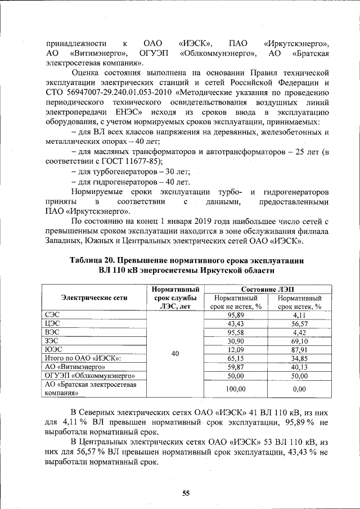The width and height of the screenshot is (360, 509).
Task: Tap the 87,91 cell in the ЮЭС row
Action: pyautogui.click(x=300, y=349)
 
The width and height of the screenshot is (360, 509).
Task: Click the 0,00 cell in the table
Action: pyautogui.click(x=300, y=389)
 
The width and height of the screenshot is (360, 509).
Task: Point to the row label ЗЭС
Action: pyautogui.click(x=52, y=341)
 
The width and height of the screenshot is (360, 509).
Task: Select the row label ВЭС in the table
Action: pyautogui.click(x=52, y=332)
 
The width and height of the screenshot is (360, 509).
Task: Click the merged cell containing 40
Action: pyautogui.click(x=175, y=354)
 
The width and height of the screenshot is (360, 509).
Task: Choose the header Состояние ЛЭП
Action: pyautogui.click(x=267, y=289)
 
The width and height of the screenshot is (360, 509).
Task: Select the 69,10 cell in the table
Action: pyautogui.click(x=300, y=341)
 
